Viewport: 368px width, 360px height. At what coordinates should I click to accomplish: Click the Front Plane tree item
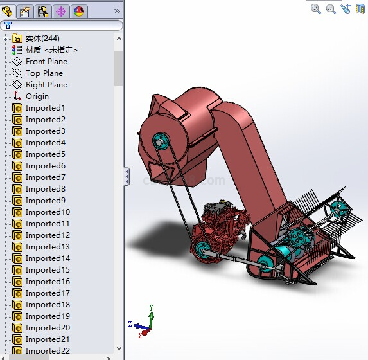(46, 62)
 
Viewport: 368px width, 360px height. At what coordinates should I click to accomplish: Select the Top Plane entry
(44, 73)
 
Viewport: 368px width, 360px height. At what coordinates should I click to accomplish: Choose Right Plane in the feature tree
(46, 85)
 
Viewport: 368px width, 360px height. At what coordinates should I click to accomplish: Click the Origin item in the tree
(37, 96)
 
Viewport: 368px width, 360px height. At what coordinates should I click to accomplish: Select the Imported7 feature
(46, 177)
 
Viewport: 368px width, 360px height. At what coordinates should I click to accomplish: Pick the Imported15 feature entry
(48, 270)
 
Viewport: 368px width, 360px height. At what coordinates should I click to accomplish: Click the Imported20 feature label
(48, 328)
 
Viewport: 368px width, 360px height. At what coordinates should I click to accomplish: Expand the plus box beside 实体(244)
(5, 39)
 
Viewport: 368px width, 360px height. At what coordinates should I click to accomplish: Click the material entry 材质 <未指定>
(51, 50)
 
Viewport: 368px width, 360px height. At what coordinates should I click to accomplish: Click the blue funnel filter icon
(8, 25)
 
